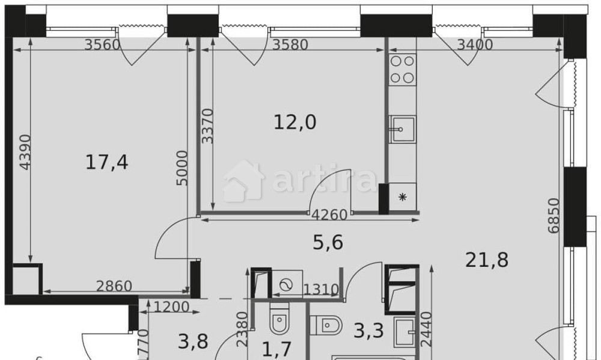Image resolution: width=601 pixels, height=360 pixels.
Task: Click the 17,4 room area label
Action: coord(106,162)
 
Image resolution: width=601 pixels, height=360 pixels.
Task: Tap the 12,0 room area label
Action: coord(294,123)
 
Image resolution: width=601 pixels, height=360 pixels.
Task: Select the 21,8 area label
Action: coord(487,260)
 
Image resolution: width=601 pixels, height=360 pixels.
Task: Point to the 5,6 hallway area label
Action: coord(328,242)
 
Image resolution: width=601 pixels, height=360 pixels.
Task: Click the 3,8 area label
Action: coord(193,341)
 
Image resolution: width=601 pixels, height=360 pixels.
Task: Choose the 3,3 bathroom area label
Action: coord(368,330)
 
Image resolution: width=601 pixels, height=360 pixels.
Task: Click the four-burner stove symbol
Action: coord(402,69)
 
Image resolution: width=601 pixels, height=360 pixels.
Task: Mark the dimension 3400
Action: coord(475,44)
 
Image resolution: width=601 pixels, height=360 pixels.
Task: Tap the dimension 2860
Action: coord(114,286)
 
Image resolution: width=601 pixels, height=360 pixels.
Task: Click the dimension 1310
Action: coord(322,290)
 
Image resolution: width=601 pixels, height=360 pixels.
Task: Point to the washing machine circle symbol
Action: coord(285,285)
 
